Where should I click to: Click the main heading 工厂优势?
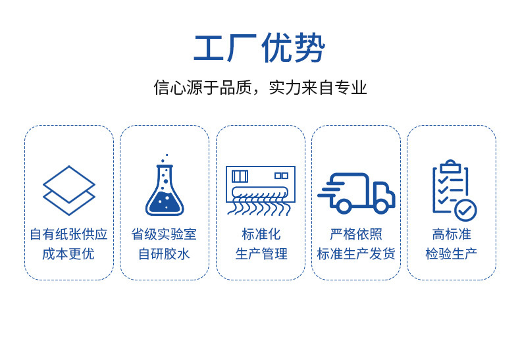259,48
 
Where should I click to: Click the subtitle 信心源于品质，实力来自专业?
259,88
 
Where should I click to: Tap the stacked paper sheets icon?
69,190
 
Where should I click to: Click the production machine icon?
261,190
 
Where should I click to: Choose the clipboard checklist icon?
453,190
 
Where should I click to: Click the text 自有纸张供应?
69,234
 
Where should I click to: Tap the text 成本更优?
69,253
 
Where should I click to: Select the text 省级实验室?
165,234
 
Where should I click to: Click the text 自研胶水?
165,253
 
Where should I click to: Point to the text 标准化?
261,234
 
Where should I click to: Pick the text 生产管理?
261,253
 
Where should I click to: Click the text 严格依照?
356,234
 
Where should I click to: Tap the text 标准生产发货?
356,253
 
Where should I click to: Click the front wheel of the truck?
380,205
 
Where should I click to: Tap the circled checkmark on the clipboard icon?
465,210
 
